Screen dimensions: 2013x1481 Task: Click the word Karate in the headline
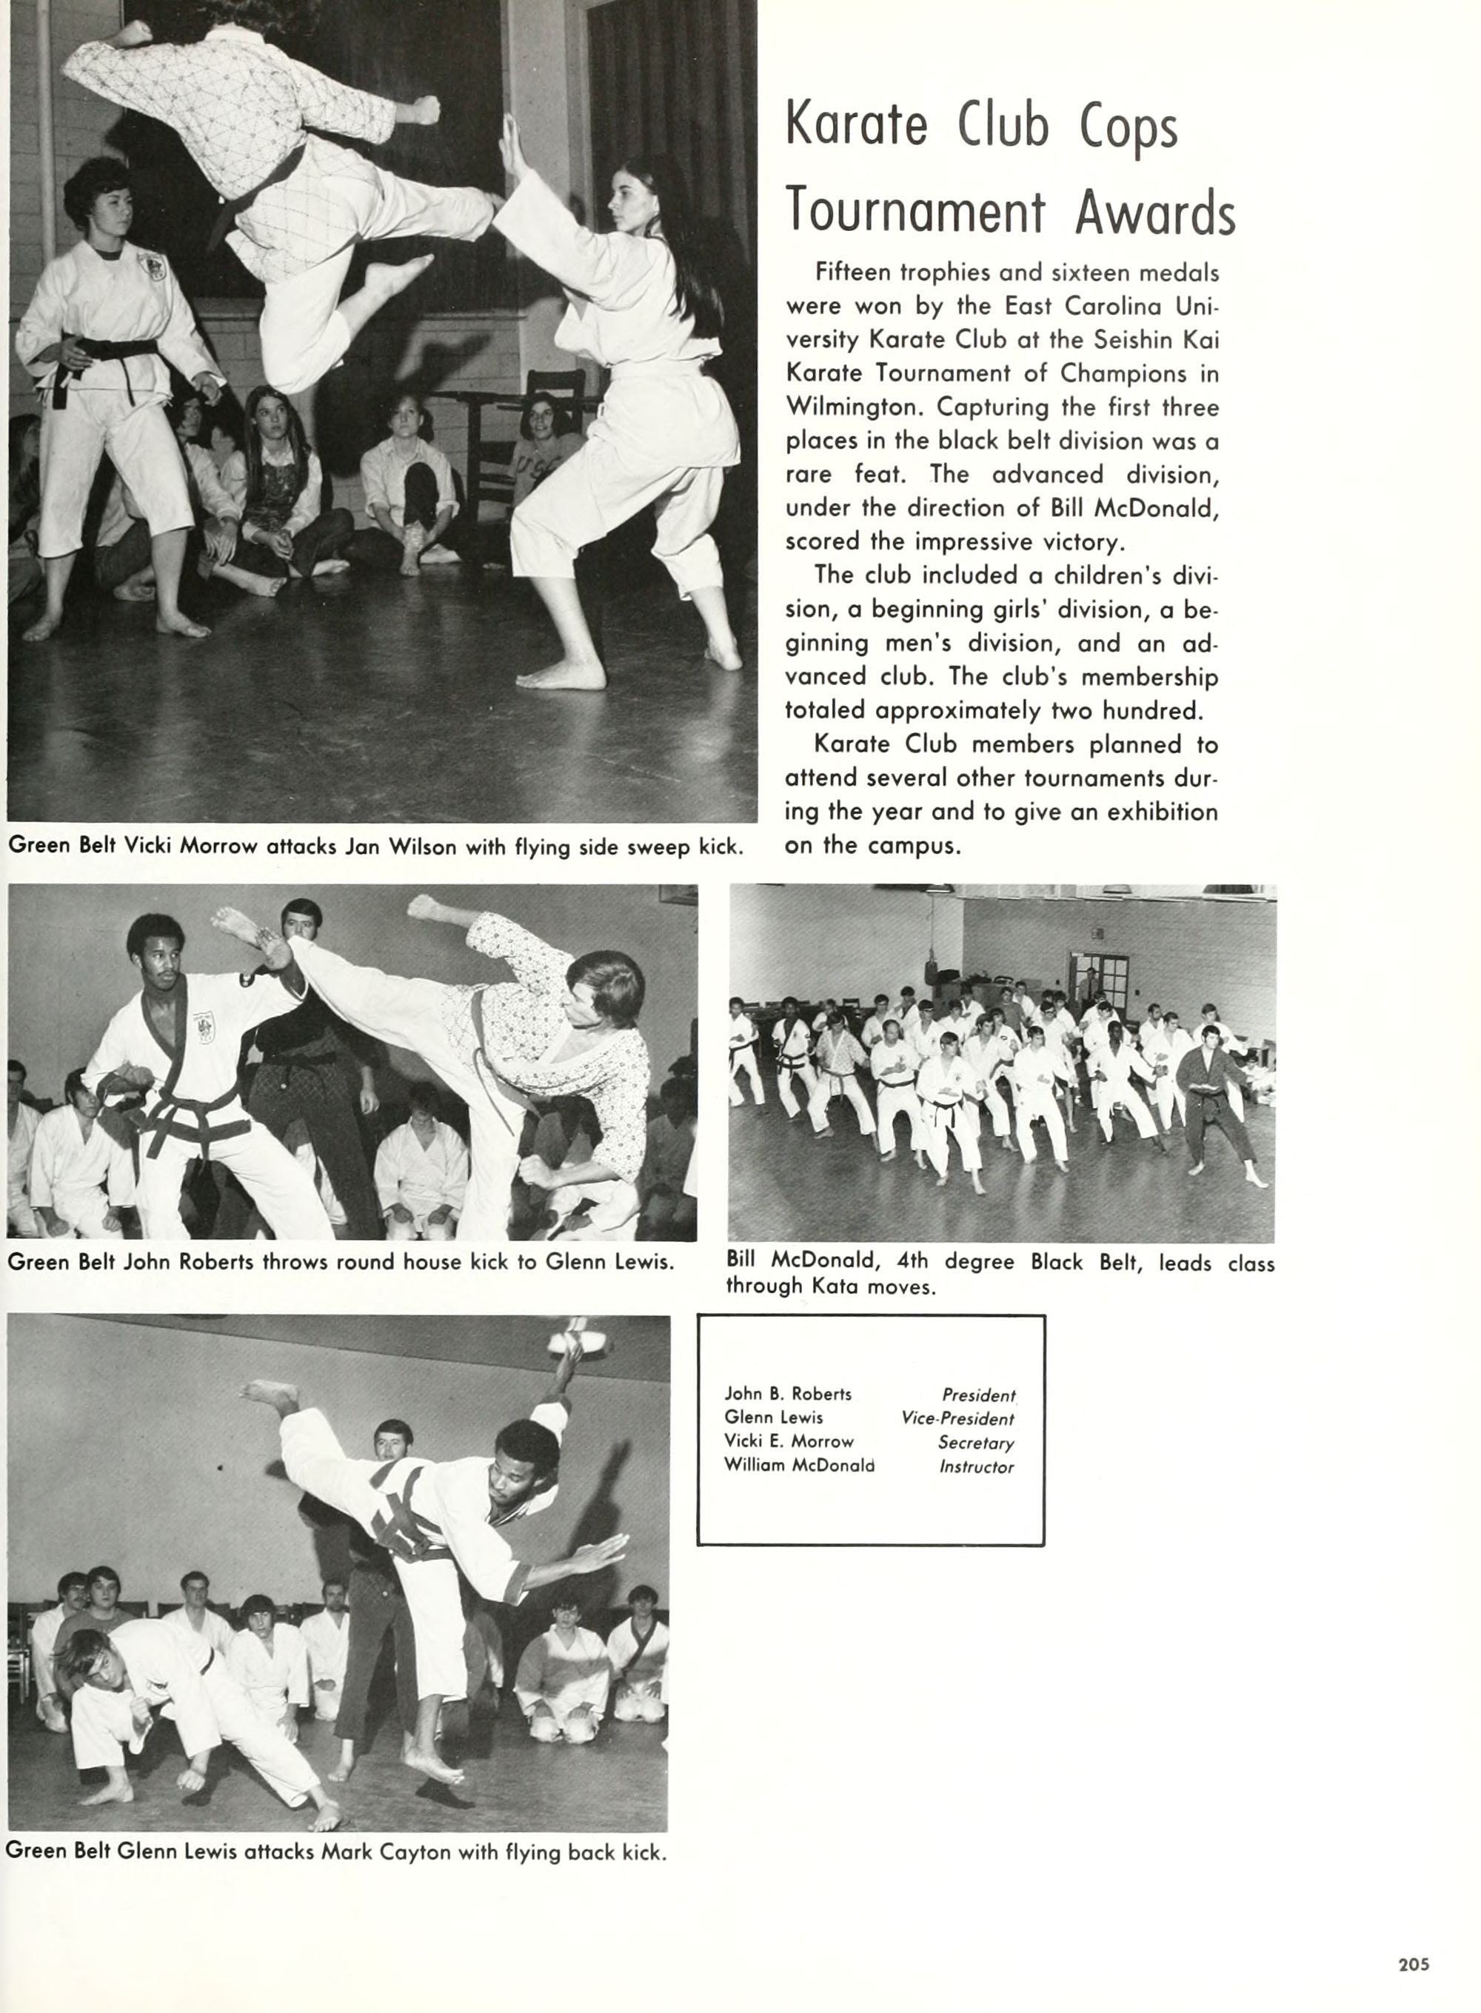(856, 125)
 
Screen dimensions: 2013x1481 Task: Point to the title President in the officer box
(978, 1395)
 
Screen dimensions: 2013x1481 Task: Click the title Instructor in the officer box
(976, 1467)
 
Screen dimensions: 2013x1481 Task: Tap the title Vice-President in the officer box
(957, 1420)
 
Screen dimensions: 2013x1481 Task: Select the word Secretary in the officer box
(975, 1443)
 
